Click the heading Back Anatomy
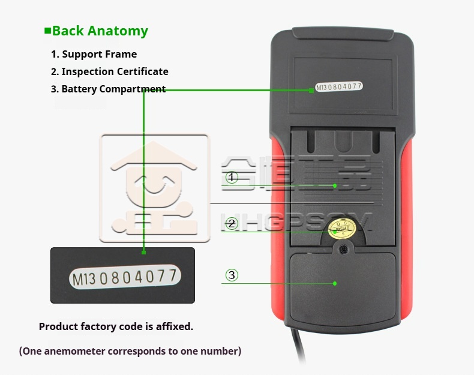[x=100, y=31]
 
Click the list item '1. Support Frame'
[x=94, y=54]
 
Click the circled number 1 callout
[x=232, y=178]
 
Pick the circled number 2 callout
[x=232, y=224]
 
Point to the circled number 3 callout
[x=232, y=275]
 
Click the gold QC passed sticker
[x=343, y=228]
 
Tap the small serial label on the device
[x=339, y=87]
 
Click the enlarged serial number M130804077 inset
[x=123, y=276]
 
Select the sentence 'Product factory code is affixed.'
[x=116, y=327]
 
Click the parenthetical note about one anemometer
[x=130, y=351]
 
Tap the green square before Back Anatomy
[x=47, y=31]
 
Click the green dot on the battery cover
[x=335, y=283]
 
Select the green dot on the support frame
[x=335, y=186]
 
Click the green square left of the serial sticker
[x=311, y=89]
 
